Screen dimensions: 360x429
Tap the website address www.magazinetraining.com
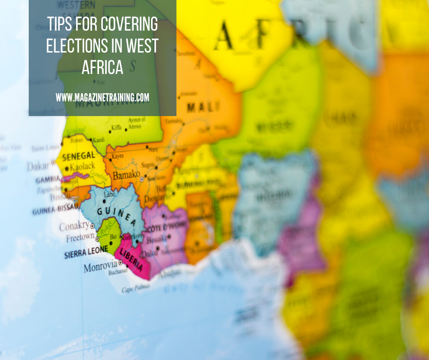(103, 97)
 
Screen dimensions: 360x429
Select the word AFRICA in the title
(103, 67)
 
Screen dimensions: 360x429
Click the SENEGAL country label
(78, 156)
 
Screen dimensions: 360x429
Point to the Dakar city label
(38, 166)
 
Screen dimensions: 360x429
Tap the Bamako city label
(126, 175)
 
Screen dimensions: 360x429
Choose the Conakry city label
(74, 226)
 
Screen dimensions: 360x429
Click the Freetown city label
(80, 238)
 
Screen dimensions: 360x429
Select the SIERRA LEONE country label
(86, 252)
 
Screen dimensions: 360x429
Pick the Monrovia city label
(100, 266)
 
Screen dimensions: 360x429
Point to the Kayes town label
(117, 157)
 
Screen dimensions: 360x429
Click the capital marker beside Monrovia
(120, 263)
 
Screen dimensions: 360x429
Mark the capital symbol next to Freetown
(98, 233)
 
